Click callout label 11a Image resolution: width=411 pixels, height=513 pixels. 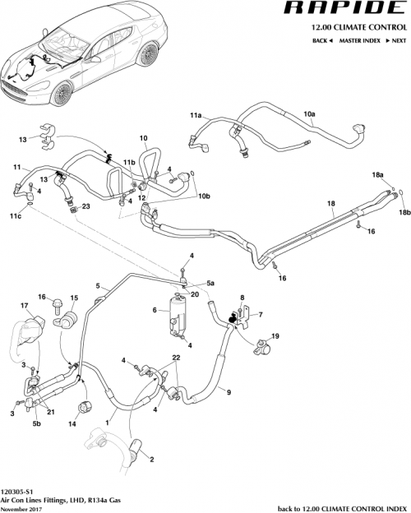click(x=196, y=115)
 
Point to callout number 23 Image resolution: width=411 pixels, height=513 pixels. click(x=85, y=206)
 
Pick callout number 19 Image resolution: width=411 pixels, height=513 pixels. click(x=275, y=335)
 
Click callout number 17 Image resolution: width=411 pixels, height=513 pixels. click(x=12, y=305)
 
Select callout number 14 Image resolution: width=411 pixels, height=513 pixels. click(x=72, y=424)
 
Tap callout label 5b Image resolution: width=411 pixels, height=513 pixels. click(x=35, y=425)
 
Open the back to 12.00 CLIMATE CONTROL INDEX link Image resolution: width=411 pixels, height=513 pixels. click(x=339, y=507)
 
